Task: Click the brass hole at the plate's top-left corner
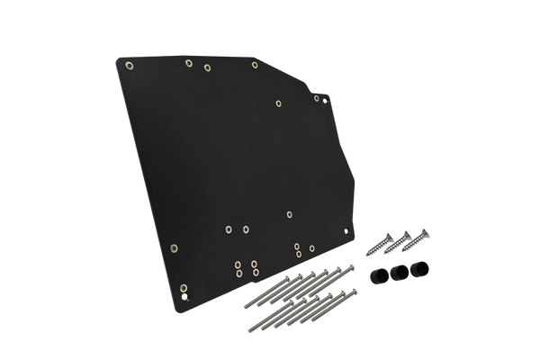click(x=129, y=66)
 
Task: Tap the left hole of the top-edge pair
click(x=188, y=64)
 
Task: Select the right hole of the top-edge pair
click(x=207, y=67)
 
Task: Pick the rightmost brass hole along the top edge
click(x=256, y=65)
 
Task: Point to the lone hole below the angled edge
click(x=277, y=103)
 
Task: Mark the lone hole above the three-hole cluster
click(x=288, y=215)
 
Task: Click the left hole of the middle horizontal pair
click(x=229, y=229)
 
